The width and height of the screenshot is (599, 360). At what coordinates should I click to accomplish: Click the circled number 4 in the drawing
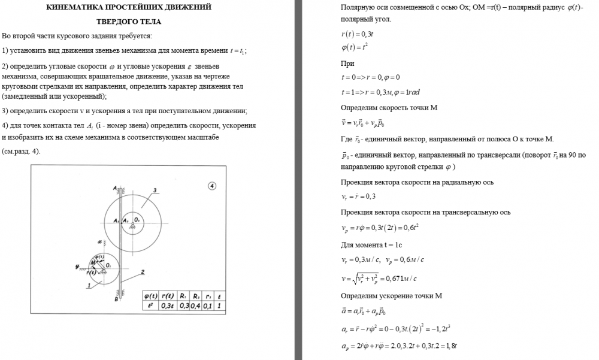point(212,186)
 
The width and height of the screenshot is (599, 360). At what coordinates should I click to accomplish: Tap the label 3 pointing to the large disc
point(155,190)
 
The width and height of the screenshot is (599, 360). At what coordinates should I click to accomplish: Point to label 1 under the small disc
point(88,286)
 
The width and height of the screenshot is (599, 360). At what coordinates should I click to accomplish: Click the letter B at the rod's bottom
point(116,299)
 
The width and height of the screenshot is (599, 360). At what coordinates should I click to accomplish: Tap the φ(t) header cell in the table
point(150,296)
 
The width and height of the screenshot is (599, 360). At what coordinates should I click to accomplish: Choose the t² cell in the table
point(150,305)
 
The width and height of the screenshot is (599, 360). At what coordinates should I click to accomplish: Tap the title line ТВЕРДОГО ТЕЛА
point(128,22)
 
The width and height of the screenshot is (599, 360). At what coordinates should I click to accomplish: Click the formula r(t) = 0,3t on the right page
point(358,34)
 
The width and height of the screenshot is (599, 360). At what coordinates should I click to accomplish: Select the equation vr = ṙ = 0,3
point(359,196)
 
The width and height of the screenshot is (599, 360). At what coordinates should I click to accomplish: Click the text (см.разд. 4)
point(21,151)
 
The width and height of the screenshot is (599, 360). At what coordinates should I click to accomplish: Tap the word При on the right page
point(347,63)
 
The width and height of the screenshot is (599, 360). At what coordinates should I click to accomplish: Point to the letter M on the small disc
point(93,262)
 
